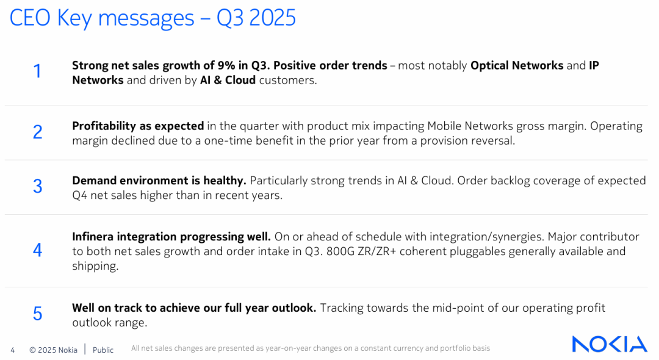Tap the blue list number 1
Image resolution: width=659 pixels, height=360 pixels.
[37, 71]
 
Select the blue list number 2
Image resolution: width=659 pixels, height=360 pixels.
[38, 132]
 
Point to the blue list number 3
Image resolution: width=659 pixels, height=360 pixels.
[38, 186]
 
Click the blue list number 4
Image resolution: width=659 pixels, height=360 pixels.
[38, 250]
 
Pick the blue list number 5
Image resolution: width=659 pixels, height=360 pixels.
[38, 314]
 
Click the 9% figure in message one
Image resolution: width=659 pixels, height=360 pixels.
[226, 65]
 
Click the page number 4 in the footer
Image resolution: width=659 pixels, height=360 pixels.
[13, 350]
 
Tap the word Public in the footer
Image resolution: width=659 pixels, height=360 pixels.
[103, 350]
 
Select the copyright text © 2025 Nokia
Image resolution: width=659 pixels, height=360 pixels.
[53, 350]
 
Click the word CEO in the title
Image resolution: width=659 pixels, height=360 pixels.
[30, 18]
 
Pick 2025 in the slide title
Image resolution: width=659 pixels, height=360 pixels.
[272, 18]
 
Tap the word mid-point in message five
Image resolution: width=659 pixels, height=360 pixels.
[456, 308]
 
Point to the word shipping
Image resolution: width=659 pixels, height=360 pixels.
[95, 266]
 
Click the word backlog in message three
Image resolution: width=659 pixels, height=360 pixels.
[510, 181]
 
